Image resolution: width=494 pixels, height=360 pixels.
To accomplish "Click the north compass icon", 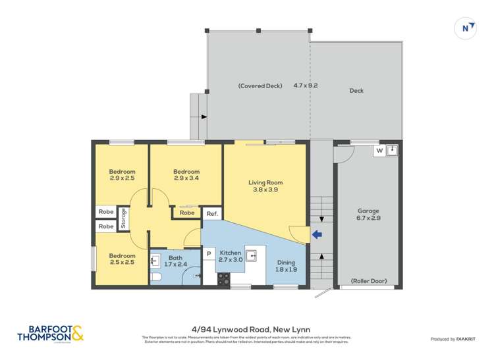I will [x=466, y=28].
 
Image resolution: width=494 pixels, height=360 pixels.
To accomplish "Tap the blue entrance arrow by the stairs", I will [x=316, y=234].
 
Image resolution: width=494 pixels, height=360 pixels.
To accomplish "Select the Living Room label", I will [x=265, y=186].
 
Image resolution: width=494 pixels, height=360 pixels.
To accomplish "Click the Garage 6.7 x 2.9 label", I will [x=368, y=215].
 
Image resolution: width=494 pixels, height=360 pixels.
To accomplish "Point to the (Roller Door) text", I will [x=368, y=280].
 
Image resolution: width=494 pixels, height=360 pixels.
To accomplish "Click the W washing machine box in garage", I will [x=379, y=151].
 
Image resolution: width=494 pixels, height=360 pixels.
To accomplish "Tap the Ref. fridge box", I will [x=211, y=214].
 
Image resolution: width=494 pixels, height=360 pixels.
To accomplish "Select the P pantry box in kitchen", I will [x=208, y=253].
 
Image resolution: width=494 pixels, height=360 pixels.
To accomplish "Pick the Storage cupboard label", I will [x=124, y=219].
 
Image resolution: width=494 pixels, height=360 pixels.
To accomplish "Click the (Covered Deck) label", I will [x=260, y=86].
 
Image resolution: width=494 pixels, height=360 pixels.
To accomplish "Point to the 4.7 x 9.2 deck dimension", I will [x=306, y=86].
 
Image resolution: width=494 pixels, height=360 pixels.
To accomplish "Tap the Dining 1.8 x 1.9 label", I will [x=287, y=265].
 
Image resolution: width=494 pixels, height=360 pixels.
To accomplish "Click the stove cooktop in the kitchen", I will [x=224, y=279].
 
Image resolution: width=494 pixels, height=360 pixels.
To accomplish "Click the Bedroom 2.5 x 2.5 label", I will [x=123, y=259].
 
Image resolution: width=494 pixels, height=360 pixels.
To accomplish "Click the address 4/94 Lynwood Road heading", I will [x=246, y=329].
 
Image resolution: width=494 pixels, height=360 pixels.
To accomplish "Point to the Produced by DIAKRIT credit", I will [x=453, y=339].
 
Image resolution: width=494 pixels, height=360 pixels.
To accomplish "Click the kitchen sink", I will [x=252, y=255].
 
